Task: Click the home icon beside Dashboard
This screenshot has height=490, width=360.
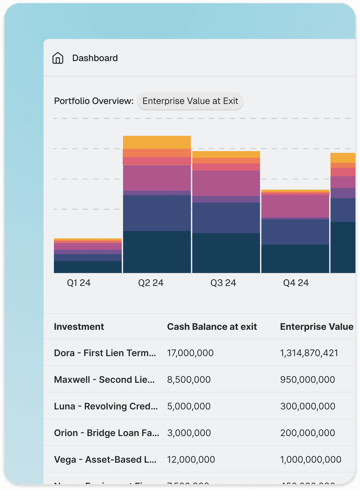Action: click(x=58, y=58)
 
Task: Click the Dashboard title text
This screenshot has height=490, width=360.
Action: click(x=95, y=58)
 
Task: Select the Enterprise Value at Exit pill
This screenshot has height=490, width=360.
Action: click(x=190, y=101)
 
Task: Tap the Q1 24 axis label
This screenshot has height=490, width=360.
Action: click(x=79, y=283)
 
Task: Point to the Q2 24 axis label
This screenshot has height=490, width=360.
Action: click(x=151, y=283)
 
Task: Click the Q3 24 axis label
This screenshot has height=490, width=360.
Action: click(x=223, y=283)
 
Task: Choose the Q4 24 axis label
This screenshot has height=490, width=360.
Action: click(x=296, y=283)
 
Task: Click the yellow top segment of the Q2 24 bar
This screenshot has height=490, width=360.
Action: click(x=157, y=142)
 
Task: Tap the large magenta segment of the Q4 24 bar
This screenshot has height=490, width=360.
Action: click(x=295, y=206)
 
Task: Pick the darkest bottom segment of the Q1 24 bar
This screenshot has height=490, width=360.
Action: click(x=88, y=267)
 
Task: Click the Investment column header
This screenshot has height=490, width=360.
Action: click(x=79, y=327)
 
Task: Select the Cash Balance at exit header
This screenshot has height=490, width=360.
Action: click(x=212, y=327)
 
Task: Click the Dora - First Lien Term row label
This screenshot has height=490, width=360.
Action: click(x=105, y=353)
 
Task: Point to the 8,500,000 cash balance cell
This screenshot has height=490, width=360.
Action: click(x=189, y=380)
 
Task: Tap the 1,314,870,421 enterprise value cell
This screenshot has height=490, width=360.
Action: click(x=309, y=353)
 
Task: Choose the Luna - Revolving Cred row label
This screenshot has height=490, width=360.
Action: click(x=106, y=406)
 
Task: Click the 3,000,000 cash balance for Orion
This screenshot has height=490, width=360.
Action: click(x=189, y=433)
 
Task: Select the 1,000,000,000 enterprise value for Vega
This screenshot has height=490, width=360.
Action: click(x=311, y=459)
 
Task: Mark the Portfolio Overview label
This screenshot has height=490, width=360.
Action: click(x=94, y=101)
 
